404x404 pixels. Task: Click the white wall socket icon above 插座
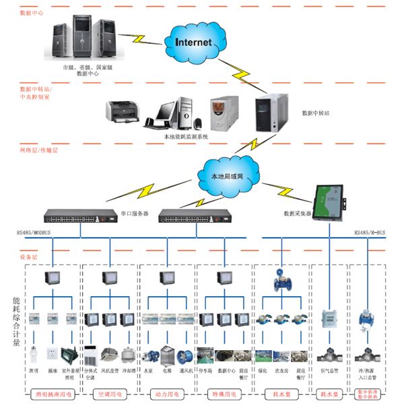pos(51,354)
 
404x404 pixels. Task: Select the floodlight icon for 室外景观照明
pos(69,354)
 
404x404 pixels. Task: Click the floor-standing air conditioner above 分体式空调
pos(91,354)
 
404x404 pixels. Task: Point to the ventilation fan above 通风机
pos(185,355)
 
